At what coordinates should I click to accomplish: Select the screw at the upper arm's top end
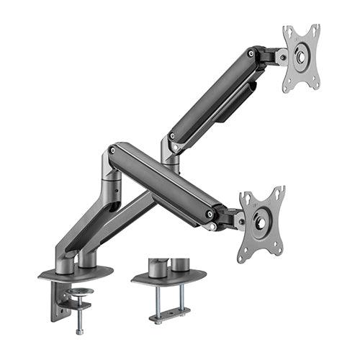tap(251, 53)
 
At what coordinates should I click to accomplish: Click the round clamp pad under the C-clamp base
tap(78, 292)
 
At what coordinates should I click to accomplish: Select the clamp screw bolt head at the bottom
tap(79, 331)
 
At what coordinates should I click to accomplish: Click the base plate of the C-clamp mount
tap(76, 273)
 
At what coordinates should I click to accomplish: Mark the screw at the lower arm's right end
tap(210, 214)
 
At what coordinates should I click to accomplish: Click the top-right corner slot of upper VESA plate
tap(314, 31)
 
